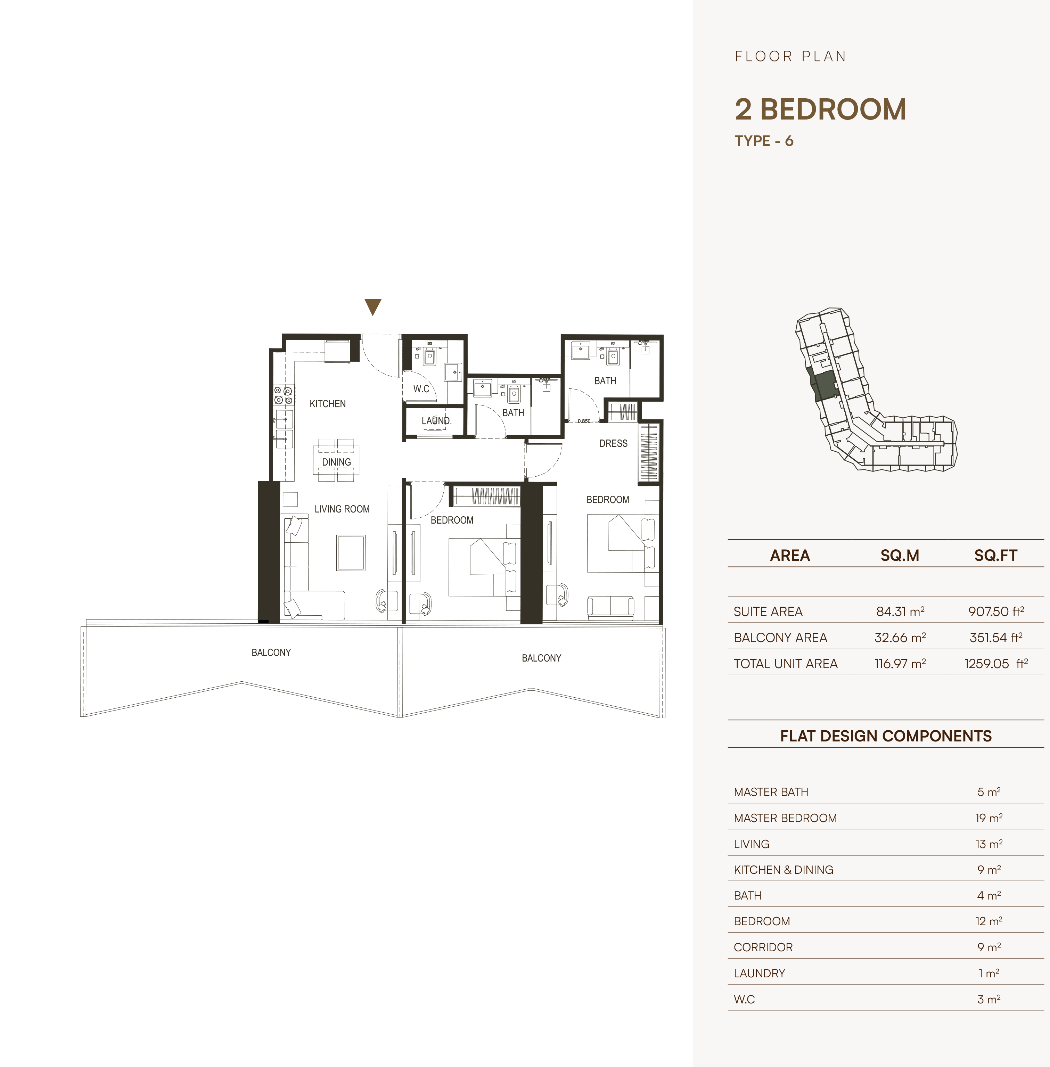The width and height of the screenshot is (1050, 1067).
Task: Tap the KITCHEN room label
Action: [328, 404]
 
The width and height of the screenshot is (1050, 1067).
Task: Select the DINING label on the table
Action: [336, 462]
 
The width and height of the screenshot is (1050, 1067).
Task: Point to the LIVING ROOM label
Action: [342, 509]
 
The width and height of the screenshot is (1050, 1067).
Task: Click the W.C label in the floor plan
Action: [421, 389]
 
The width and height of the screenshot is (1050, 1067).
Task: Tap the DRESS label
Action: [613, 443]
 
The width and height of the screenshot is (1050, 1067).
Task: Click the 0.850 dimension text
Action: [584, 421]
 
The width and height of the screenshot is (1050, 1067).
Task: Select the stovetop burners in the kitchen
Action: [284, 395]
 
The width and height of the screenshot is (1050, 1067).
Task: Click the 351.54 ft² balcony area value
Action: [996, 638]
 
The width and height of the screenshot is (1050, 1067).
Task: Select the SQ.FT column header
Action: [995, 555]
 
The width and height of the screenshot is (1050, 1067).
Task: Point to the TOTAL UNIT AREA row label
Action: [785, 664]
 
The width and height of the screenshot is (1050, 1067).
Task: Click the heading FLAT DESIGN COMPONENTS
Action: [886, 736]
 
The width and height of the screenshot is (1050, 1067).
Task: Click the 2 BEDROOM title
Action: [821, 109]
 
